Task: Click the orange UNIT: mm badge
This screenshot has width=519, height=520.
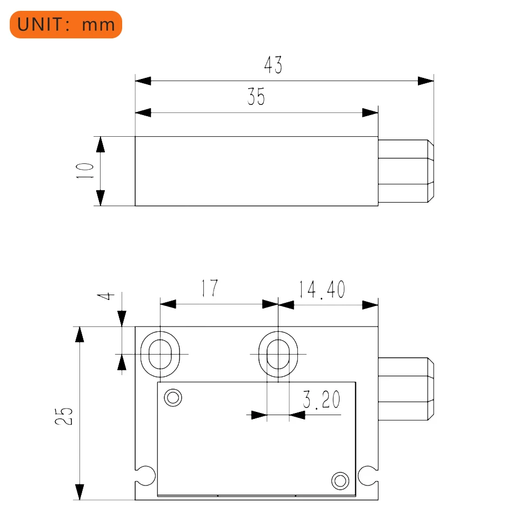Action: pos(66,24)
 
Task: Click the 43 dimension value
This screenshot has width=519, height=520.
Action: pos(273,65)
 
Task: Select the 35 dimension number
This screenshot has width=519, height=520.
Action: pos(256,97)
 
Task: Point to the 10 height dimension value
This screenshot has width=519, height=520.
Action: pos(85,171)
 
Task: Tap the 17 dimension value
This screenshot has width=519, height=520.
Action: pos(210,288)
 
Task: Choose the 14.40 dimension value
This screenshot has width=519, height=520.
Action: pos(322,290)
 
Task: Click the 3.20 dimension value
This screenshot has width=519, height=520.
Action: pos(321,399)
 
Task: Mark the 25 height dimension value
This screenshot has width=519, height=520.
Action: pos(64,416)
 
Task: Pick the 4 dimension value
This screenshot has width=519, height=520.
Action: pos(106,296)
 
